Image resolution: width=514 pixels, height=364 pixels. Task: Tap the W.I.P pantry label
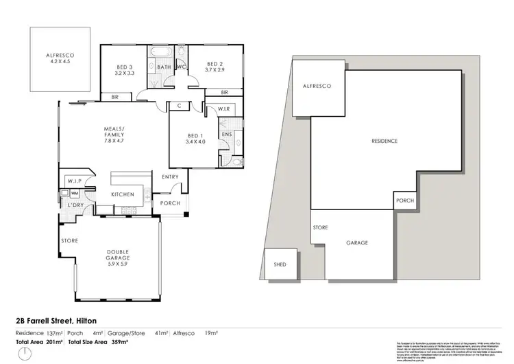click(74, 181)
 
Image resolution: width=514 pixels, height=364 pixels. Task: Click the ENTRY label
click(169, 177)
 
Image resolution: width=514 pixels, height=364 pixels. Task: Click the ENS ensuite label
click(225, 135)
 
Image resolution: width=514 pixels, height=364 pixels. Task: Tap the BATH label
click(164, 67)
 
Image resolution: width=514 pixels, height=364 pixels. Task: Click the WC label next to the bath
click(182, 67)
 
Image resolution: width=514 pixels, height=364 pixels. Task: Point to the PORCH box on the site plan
click(403, 202)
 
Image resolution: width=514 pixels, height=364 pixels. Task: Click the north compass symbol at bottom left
click(24, 353)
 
